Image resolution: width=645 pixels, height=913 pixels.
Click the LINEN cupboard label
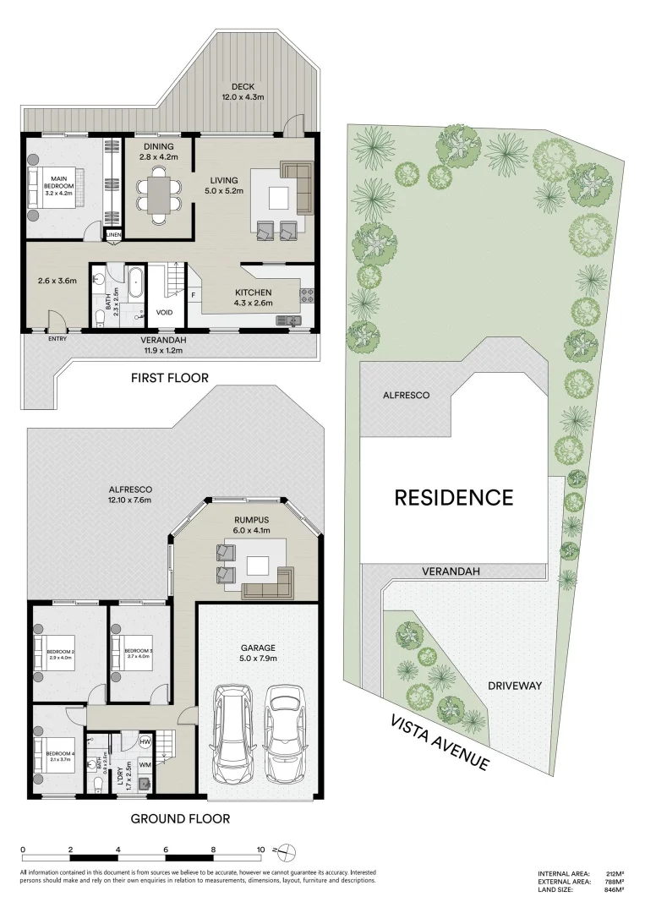(x=113, y=234)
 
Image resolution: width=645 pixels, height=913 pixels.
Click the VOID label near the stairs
(x=164, y=312)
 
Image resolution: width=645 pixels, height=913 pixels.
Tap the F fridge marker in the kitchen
(x=194, y=295)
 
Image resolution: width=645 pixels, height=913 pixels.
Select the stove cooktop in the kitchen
(x=306, y=296)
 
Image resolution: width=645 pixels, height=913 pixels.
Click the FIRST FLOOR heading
(x=169, y=378)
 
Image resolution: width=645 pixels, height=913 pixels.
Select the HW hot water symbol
(x=145, y=741)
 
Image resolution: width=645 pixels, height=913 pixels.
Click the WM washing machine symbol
(x=145, y=764)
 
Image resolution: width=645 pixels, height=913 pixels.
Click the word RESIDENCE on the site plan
(x=454, y=497)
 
